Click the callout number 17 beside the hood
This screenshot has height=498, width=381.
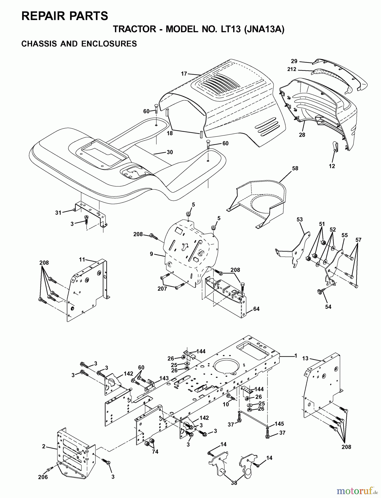[184, 74]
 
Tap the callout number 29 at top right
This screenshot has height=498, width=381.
[294, 61]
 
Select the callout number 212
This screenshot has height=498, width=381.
[292, 69]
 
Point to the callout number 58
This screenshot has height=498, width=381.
[295, 168]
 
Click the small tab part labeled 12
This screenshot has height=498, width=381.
[335, 147]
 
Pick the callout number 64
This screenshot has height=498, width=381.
[256, 309]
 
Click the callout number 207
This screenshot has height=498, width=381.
[162, 289]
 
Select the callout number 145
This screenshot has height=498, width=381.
[279, 424]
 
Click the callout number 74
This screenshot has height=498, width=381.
[155, 452]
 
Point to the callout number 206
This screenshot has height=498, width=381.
[43, 477]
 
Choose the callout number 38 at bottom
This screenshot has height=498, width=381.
[234, 483]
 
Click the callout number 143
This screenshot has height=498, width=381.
[164, 378]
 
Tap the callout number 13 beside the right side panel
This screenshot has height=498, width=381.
[305, 359]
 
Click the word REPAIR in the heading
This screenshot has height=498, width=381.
[41, 16]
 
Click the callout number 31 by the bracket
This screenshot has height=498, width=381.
[58, 212]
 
